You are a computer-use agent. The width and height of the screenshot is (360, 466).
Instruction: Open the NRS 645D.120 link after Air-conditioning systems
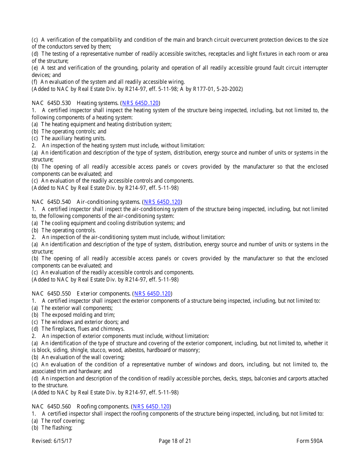(162, 202)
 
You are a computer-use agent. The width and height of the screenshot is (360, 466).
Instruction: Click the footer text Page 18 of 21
(175, 441)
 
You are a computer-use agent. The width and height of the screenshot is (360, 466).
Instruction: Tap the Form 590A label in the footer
(310, 441)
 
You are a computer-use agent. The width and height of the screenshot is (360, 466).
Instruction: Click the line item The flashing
(57, 428)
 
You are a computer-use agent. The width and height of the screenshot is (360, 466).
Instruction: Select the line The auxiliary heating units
(74, 138)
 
